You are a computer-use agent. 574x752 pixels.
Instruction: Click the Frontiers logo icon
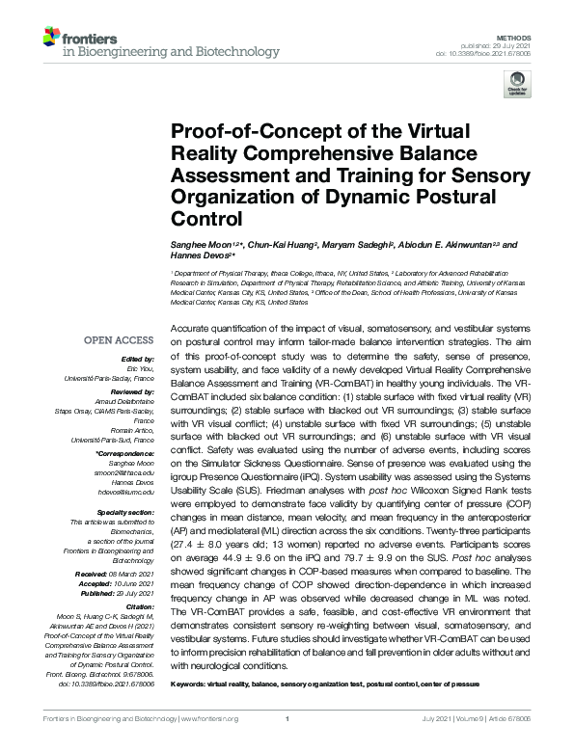tap(50, 40)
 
